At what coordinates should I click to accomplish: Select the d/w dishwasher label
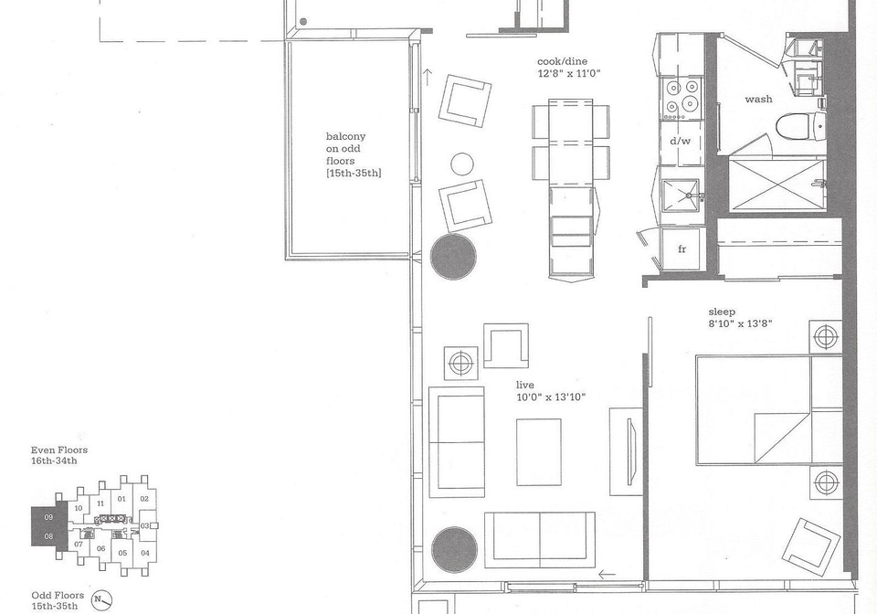(x=680, y=141)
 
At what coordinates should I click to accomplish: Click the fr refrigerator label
(x=682, y=249)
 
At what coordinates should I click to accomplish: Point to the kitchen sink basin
(x=681, y=196)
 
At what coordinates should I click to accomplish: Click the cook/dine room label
(x=562, y=61)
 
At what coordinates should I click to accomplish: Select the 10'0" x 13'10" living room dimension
(x=551, y=397)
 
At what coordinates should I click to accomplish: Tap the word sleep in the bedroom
(x=722, y=312)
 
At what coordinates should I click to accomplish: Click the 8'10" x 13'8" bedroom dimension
(x=740, y=323)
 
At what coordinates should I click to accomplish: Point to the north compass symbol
(x=101, y=600)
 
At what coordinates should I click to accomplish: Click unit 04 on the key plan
(x=145, y=553)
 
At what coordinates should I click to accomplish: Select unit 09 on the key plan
(x=48, y=517)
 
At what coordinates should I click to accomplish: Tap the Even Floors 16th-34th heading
(x=58, y=455)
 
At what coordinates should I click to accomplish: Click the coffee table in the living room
(x=539, y=452)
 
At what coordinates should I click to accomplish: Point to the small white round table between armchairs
(x=462, y=164)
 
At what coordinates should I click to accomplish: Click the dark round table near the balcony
(x=453, y=257)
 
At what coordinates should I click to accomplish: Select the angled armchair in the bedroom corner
(x=811, y=547)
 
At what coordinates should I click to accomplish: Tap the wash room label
(x=758, y=99)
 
